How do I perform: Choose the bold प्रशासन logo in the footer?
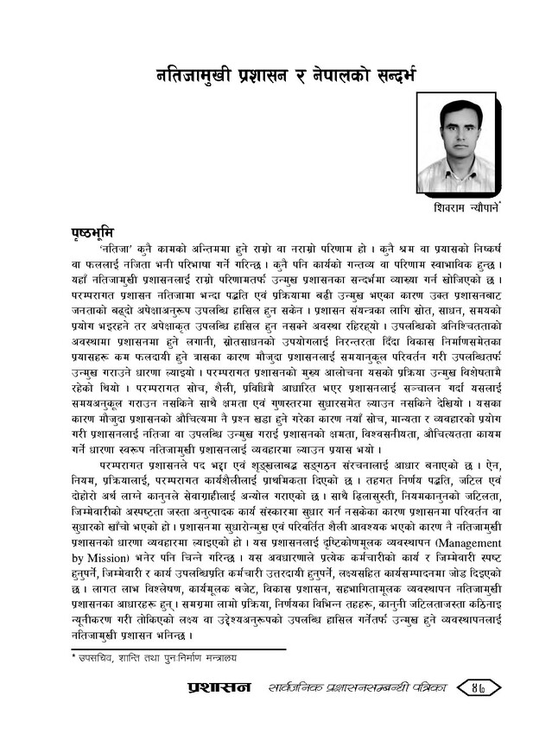220,688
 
